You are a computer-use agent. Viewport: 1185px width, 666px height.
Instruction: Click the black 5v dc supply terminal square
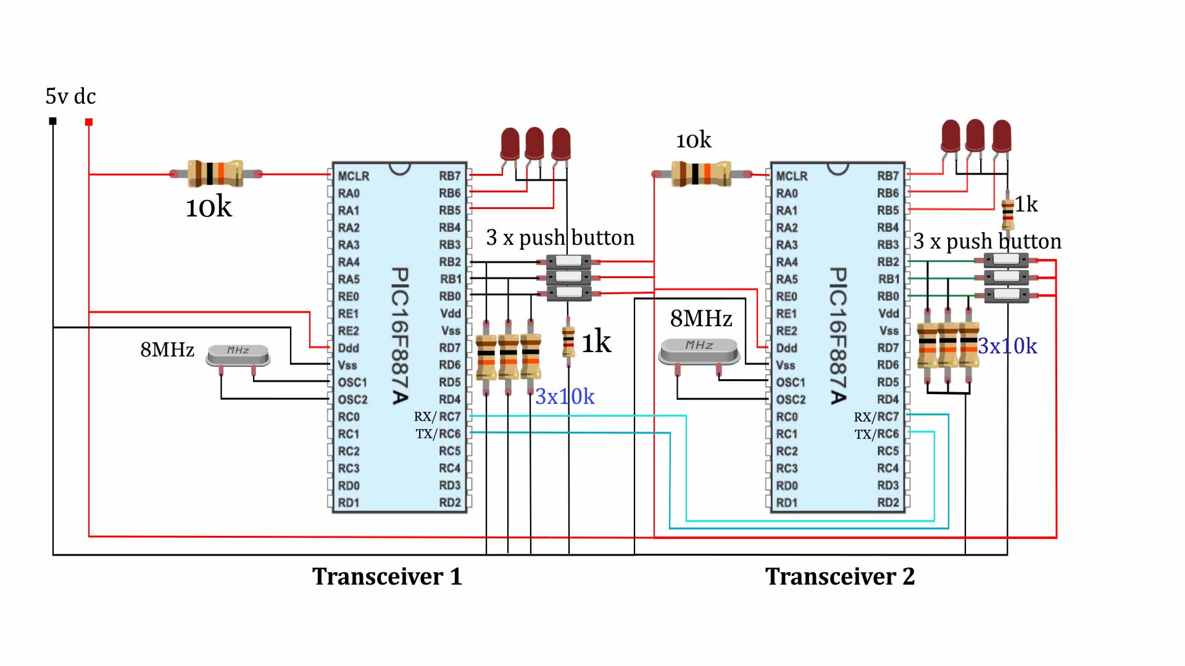point(53,121)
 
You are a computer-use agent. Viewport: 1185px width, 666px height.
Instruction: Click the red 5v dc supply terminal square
point(89,122)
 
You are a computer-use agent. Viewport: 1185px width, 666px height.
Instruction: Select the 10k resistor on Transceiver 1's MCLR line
point(215,174)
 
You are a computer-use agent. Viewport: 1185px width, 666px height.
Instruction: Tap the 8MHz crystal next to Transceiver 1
point(238,355)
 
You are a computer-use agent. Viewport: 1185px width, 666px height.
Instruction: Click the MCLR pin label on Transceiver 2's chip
point(791,176)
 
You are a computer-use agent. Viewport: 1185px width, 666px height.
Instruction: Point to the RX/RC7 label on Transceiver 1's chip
point(438,417)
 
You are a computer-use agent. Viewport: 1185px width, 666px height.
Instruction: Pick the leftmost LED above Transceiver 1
point(510,144)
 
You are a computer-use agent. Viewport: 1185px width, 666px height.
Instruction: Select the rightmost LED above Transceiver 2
point(1002,136)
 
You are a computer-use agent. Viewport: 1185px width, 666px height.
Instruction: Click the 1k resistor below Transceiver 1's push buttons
point(568,341)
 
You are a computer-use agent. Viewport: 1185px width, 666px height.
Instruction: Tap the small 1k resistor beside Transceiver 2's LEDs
point(1008,213)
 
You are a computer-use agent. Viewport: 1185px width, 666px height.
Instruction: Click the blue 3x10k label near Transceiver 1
point(565,397)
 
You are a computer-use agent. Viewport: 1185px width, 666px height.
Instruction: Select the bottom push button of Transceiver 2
point(1006,295)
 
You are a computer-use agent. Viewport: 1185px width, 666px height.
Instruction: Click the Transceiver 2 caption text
point(840,577)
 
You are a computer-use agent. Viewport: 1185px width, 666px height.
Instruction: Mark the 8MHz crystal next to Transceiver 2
point(699,350)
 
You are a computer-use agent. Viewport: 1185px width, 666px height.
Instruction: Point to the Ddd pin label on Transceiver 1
point(348,348)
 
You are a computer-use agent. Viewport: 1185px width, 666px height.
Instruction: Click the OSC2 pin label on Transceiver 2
point(791,400)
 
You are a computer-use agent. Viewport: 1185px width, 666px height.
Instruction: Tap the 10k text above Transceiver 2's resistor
point(694,141)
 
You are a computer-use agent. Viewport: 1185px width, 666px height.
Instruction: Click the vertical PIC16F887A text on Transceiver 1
point(400,336)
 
